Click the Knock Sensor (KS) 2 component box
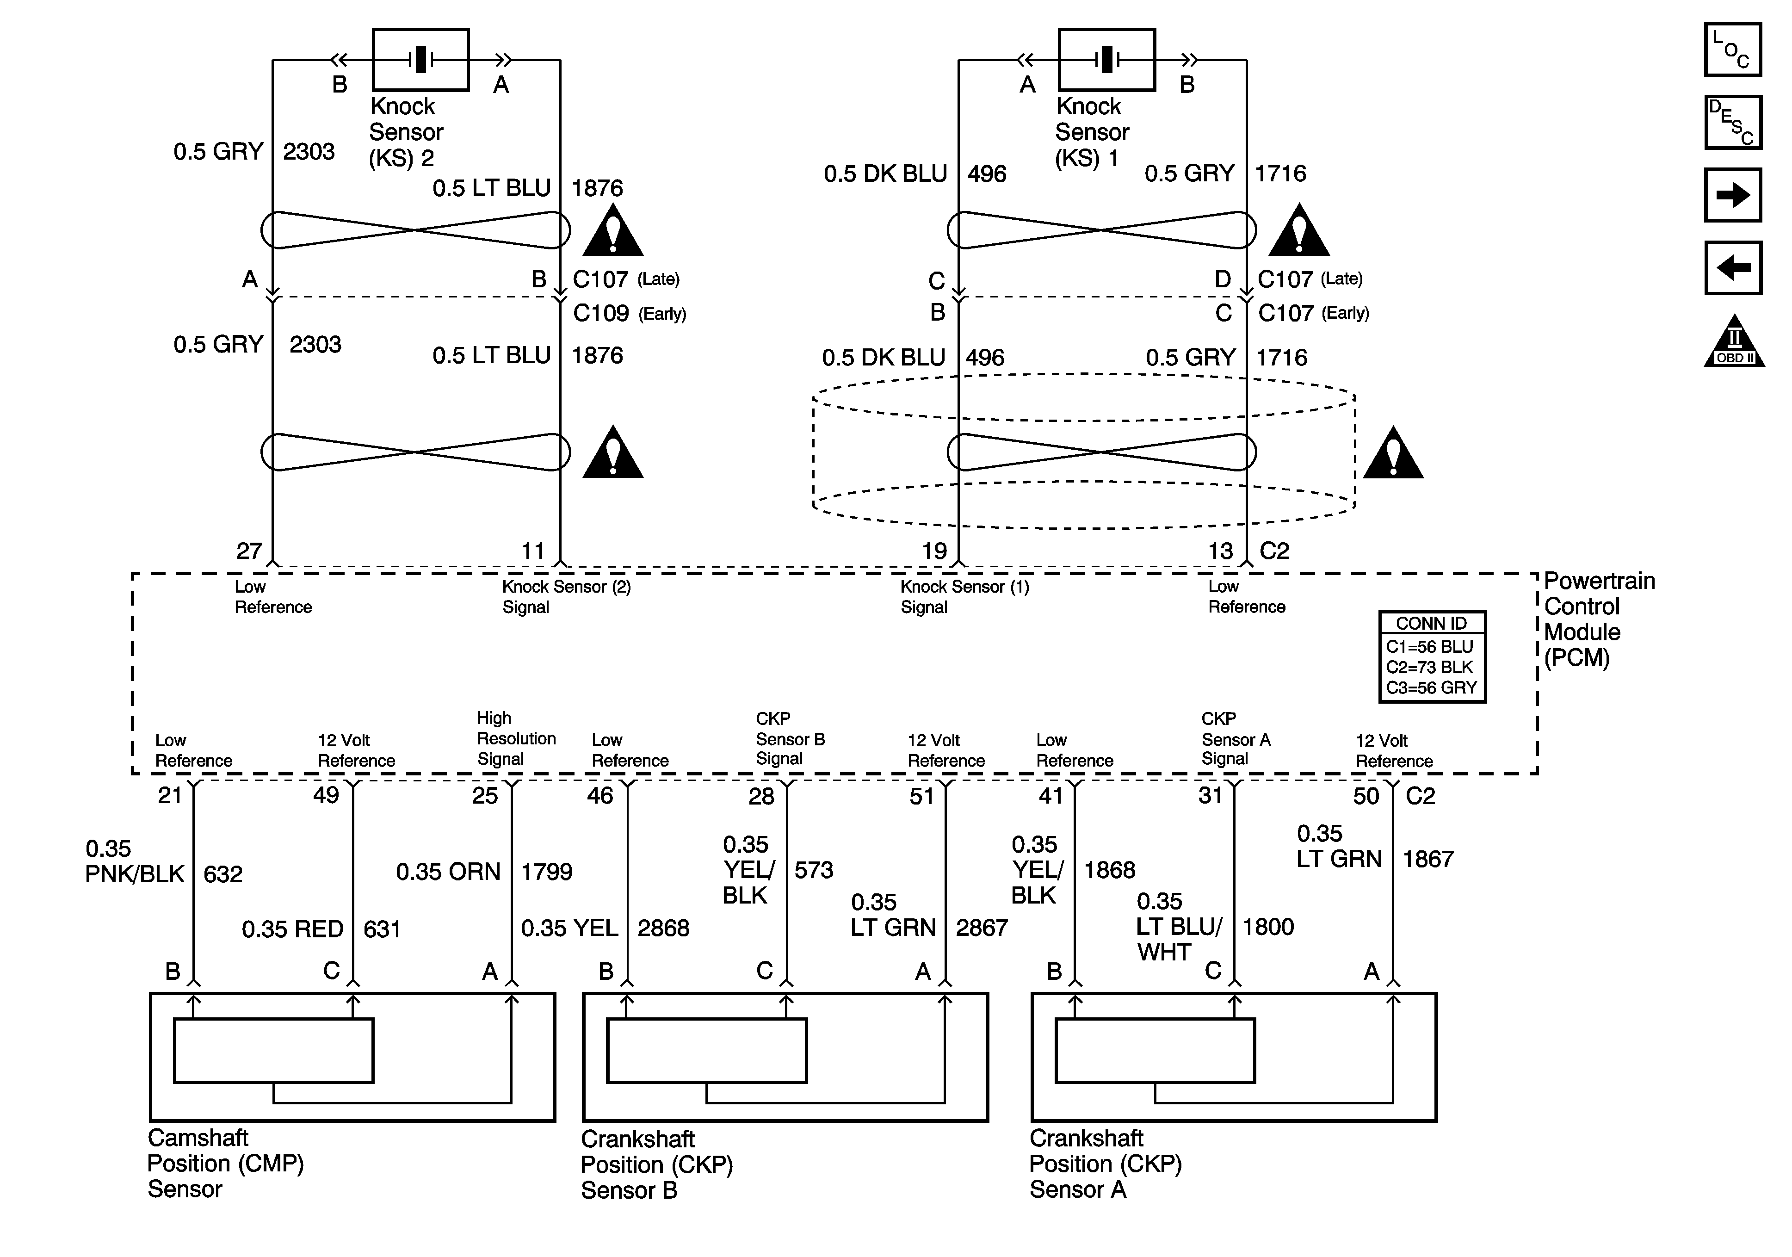tap(420, 60)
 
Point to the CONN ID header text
tap(1431, 623)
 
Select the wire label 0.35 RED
tap(293, 929)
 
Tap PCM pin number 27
tap(249, 551)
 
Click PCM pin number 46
tap(600, 796)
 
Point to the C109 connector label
tap(601, 313)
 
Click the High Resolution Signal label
tap(516, 738)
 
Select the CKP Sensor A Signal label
tap(1236, 738)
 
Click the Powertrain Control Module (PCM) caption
tap(1599, 619)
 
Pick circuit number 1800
tap(1268, 927)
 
